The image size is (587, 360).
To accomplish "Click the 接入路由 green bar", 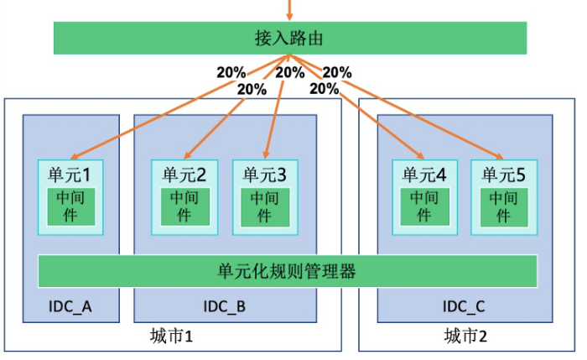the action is pyautogui.click(x=290, y=38).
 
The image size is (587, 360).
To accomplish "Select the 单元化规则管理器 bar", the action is pyautogui.click(x=288, y=271).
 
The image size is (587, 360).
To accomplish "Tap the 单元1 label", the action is pyautogui.click(x=70, y=175).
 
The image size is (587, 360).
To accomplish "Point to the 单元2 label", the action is pyautogui.click(x=184, y=175).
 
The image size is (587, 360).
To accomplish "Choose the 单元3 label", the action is pyautogui.click(x=265, y=175).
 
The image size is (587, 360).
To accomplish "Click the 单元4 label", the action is pyautogui.click(x=424, y=175).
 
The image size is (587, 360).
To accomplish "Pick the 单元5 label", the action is pyautogui.click(x=503, y=175).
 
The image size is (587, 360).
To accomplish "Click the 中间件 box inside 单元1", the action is pyautogui.click(x=70, y=206).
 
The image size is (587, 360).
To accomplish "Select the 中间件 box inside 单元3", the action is pyautogui.click(x=265, y=207).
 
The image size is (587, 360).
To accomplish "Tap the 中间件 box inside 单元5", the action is pyautogui.click(x=504, y=207).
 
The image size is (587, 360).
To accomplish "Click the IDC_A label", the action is pyautogui.click(x=70, y=307).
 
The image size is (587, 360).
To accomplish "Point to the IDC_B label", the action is pyautogui.click(x=224, y=307).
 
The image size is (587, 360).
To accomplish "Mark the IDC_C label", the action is pyautogui.click(x=464, y=307).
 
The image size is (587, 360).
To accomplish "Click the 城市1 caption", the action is pyautogui.click(x=171, y=336).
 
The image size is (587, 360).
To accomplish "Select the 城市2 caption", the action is pyautogui.click(x=465, y=336).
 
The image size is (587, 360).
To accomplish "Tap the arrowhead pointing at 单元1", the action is pyautogui.click(x=75, y=156).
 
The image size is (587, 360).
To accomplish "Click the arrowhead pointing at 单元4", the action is pyautogui.click(x=420, y=155).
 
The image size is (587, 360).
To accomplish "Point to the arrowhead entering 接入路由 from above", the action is pyautogui.click(x=289, y=17).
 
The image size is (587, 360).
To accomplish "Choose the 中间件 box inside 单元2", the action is pyautogui.click(x=185, y=206).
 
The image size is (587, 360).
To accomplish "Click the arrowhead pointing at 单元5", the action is pyautogui.click(x=500, y=155).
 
